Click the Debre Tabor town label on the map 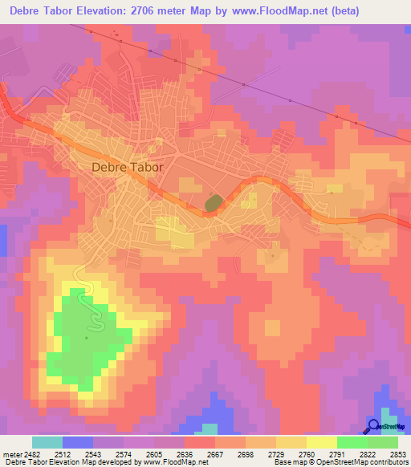pos(128,168)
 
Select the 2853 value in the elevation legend pos(397,453)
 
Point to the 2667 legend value pos(215,453)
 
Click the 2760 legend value pos(306,453)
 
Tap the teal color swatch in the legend pos(47,442)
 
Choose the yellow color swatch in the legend pos(321,442)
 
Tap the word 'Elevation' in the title pos(102,11)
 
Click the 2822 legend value pos(367,453)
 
